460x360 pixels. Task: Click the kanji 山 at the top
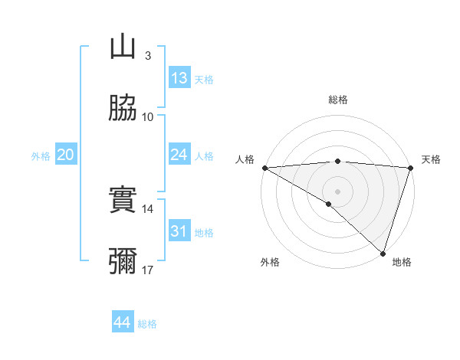coord(123,47)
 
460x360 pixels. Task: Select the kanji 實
coord(123,200)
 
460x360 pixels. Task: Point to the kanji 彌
coord(123,261)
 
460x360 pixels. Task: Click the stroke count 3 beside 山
coord(147,56)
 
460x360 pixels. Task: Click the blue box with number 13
coord(179,78)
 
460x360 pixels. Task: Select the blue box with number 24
coord(179,155)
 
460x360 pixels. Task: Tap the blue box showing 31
coord(179,231)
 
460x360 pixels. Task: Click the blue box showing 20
coord(66,155)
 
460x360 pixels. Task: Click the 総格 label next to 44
coord(148,324)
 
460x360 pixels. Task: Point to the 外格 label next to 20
coord(41,156)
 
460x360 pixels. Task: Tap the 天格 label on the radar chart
coord(431,159)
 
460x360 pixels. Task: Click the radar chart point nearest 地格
coord(383,254)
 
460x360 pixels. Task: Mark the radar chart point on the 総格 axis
coord(337,161)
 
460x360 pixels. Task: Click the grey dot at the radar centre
coord(337,191)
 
